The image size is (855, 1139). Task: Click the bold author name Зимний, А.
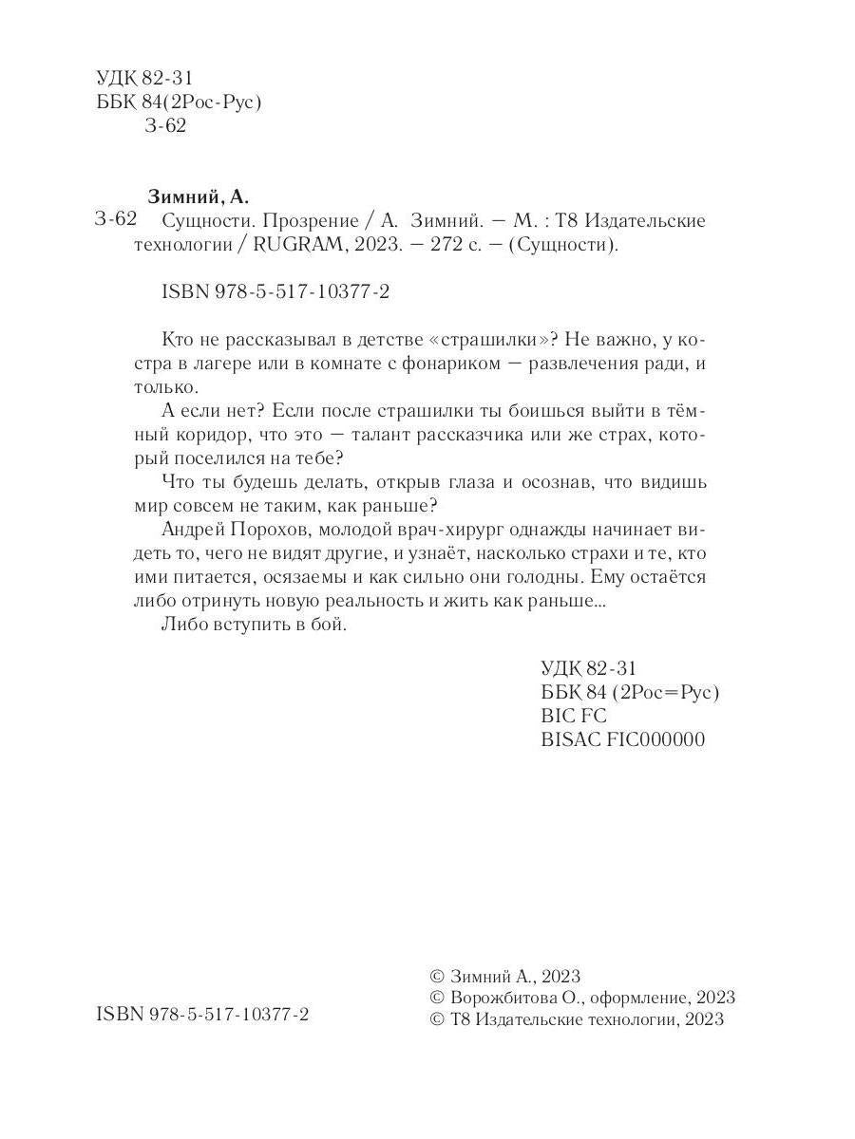pos(199,197)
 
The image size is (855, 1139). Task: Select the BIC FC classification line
pos(573,716)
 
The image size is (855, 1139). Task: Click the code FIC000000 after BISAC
pos(655,739)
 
